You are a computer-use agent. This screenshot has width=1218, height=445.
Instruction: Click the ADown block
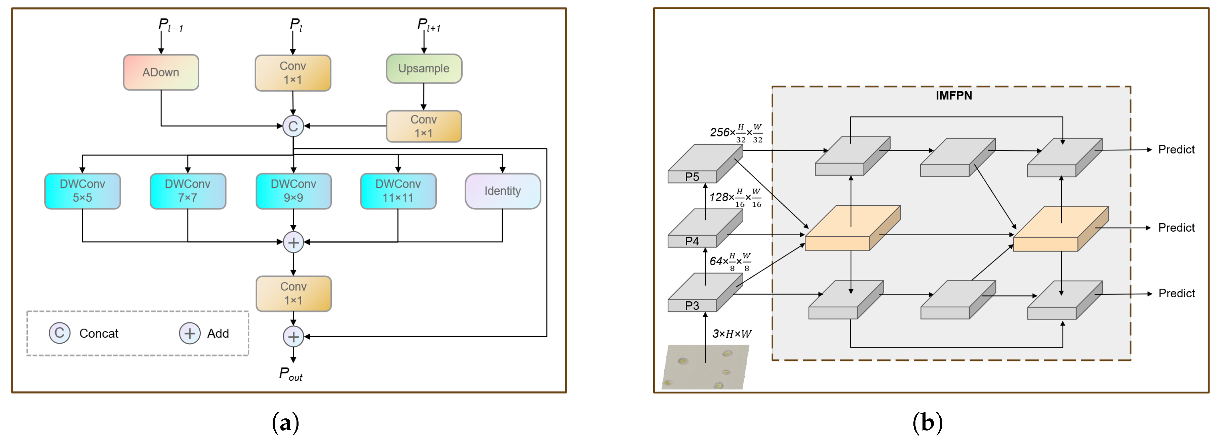pyautogui.click(x=161, y=72)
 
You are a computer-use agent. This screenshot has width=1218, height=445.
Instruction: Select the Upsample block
pyautogui.click(x=424, y=69)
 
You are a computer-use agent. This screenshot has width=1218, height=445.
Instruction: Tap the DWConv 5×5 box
pyautogui.click(x=82, y=191)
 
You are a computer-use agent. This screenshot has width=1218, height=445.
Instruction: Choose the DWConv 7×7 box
pyautogui.click(x=188, y=191)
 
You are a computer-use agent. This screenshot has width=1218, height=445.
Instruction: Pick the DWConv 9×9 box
pyautogui.click(x=293, y=191)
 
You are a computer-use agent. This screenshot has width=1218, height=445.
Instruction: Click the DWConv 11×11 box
pyautogui.click(x=398, y=191)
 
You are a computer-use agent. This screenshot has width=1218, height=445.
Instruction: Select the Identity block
pyautogui.click(x=503, y=191)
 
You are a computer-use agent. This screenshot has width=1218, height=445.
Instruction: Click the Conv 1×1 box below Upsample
pyautogui.click(x=424, y=127)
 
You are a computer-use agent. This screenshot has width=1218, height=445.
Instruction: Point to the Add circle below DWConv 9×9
pyautogui.click(x=293, y=242)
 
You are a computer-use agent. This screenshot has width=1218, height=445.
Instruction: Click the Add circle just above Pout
pyautogui.click(x=293, y=337)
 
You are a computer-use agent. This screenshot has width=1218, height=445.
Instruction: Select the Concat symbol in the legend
pyautogui.click(x=60, y=333)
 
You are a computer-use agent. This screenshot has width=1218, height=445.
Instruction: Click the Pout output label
pyautogui.click(x=290, y=374)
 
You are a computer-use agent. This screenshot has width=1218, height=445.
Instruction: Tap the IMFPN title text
pyautogui.click(x=954, y=96)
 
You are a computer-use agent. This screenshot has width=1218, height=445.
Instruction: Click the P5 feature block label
pyautogui.click(x=692, y=177)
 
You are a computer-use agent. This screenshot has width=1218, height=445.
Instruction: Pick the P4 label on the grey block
pyautogui.click(x=692, y=241)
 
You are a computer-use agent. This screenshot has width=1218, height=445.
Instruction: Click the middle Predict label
pyautogui.click(x=1176, y=228)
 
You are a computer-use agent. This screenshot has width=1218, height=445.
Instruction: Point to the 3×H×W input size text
pyautogui.click(x=732, y=334)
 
